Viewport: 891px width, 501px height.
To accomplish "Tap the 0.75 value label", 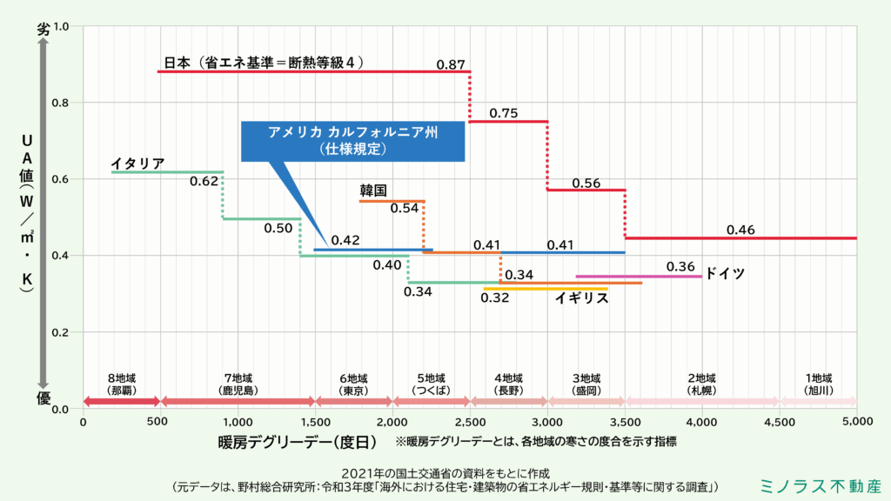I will [x=504, y=113].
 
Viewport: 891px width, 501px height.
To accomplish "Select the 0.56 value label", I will [x=586, y=183].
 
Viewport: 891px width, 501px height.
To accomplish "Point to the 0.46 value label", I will [x=740, y=230].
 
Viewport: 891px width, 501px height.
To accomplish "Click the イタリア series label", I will [x=137, y=164].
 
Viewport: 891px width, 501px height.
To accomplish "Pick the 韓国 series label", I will [x=373, y=190].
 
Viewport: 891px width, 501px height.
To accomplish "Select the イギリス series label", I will [x=581, y=298].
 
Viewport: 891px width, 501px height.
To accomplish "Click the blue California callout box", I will [x=352, y=140].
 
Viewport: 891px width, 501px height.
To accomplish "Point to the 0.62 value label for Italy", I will [x=204, y=182].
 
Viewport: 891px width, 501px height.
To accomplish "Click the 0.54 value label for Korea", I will [x=404, y=209].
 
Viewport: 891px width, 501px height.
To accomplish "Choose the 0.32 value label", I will [x=495, y=297].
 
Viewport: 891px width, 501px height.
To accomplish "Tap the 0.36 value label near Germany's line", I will [x=680, y=266].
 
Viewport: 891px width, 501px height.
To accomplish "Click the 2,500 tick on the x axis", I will [x=471, y=422].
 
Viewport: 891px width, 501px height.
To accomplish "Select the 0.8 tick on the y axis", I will [x=62, y=103].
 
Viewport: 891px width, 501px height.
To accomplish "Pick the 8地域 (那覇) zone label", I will [x=122, y=384].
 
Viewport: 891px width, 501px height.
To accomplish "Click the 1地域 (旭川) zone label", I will [x=819, y=384].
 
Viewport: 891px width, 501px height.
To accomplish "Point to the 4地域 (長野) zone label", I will [x=508, y=384].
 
